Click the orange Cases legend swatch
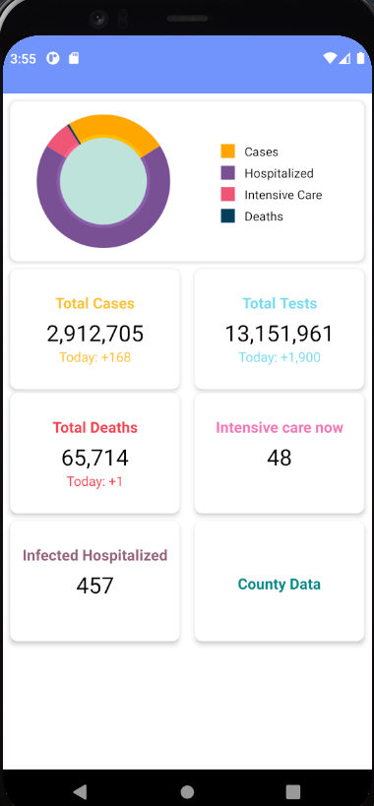228,152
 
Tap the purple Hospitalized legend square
228,173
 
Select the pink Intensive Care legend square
228,195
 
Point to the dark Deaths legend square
228,216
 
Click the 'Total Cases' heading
94,303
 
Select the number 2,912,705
94,334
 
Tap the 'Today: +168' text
94,357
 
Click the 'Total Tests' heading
280,303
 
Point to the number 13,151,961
280,334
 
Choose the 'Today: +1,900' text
280,357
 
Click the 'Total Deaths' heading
94,427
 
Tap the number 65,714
94,458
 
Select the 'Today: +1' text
94,481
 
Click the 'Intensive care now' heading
280,427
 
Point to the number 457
94,586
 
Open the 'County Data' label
280,584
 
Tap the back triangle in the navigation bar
80,791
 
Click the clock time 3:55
23,58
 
